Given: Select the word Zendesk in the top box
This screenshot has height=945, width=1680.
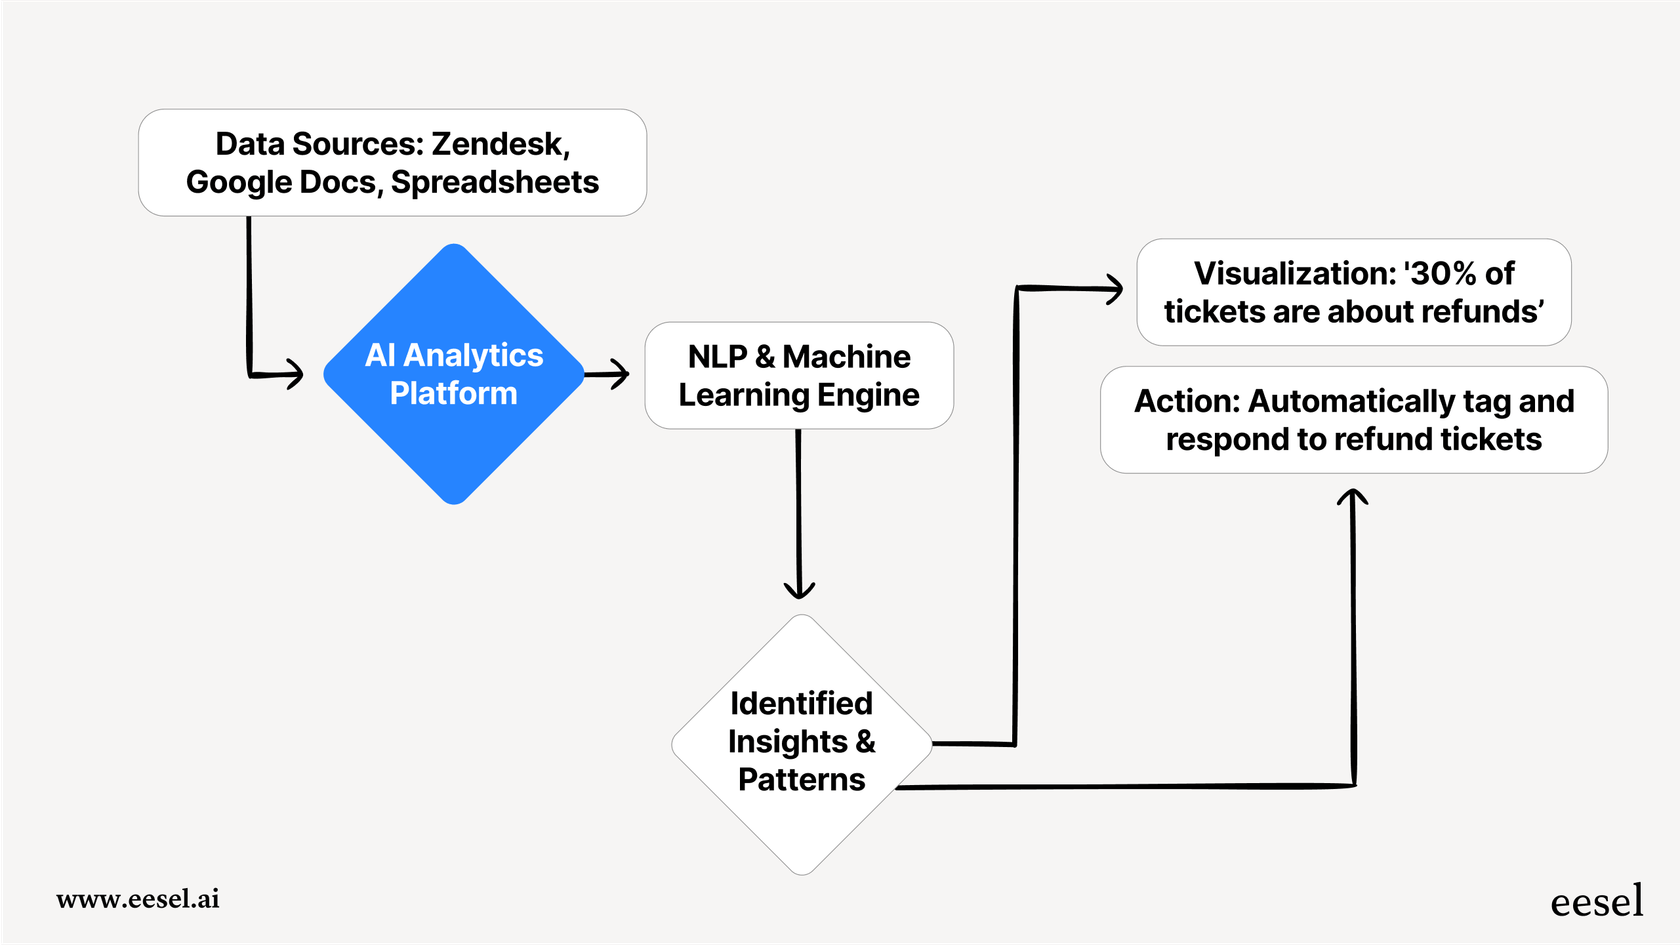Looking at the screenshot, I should [499, 144].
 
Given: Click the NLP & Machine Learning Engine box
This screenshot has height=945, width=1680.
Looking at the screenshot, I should [798, 376].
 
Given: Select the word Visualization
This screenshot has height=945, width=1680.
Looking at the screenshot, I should [1294, 273].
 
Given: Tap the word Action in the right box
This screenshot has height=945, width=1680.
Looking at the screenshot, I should [1186, 401].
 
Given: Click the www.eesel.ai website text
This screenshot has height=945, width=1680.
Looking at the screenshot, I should [138, 899].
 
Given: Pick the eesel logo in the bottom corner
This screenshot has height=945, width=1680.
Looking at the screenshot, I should [1596, 901].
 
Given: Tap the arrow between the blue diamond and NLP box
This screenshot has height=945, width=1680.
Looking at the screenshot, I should [607, 375].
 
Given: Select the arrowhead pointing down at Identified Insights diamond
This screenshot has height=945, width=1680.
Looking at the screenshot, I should [799, 588].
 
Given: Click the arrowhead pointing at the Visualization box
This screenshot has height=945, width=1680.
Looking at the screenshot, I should [1113, 289].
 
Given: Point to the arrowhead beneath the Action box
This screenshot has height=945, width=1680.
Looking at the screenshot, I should [1352, 497].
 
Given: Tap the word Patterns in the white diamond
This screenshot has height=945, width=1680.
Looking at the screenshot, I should [801, 780].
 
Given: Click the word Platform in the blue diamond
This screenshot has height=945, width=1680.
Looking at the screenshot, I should [453, 394].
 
